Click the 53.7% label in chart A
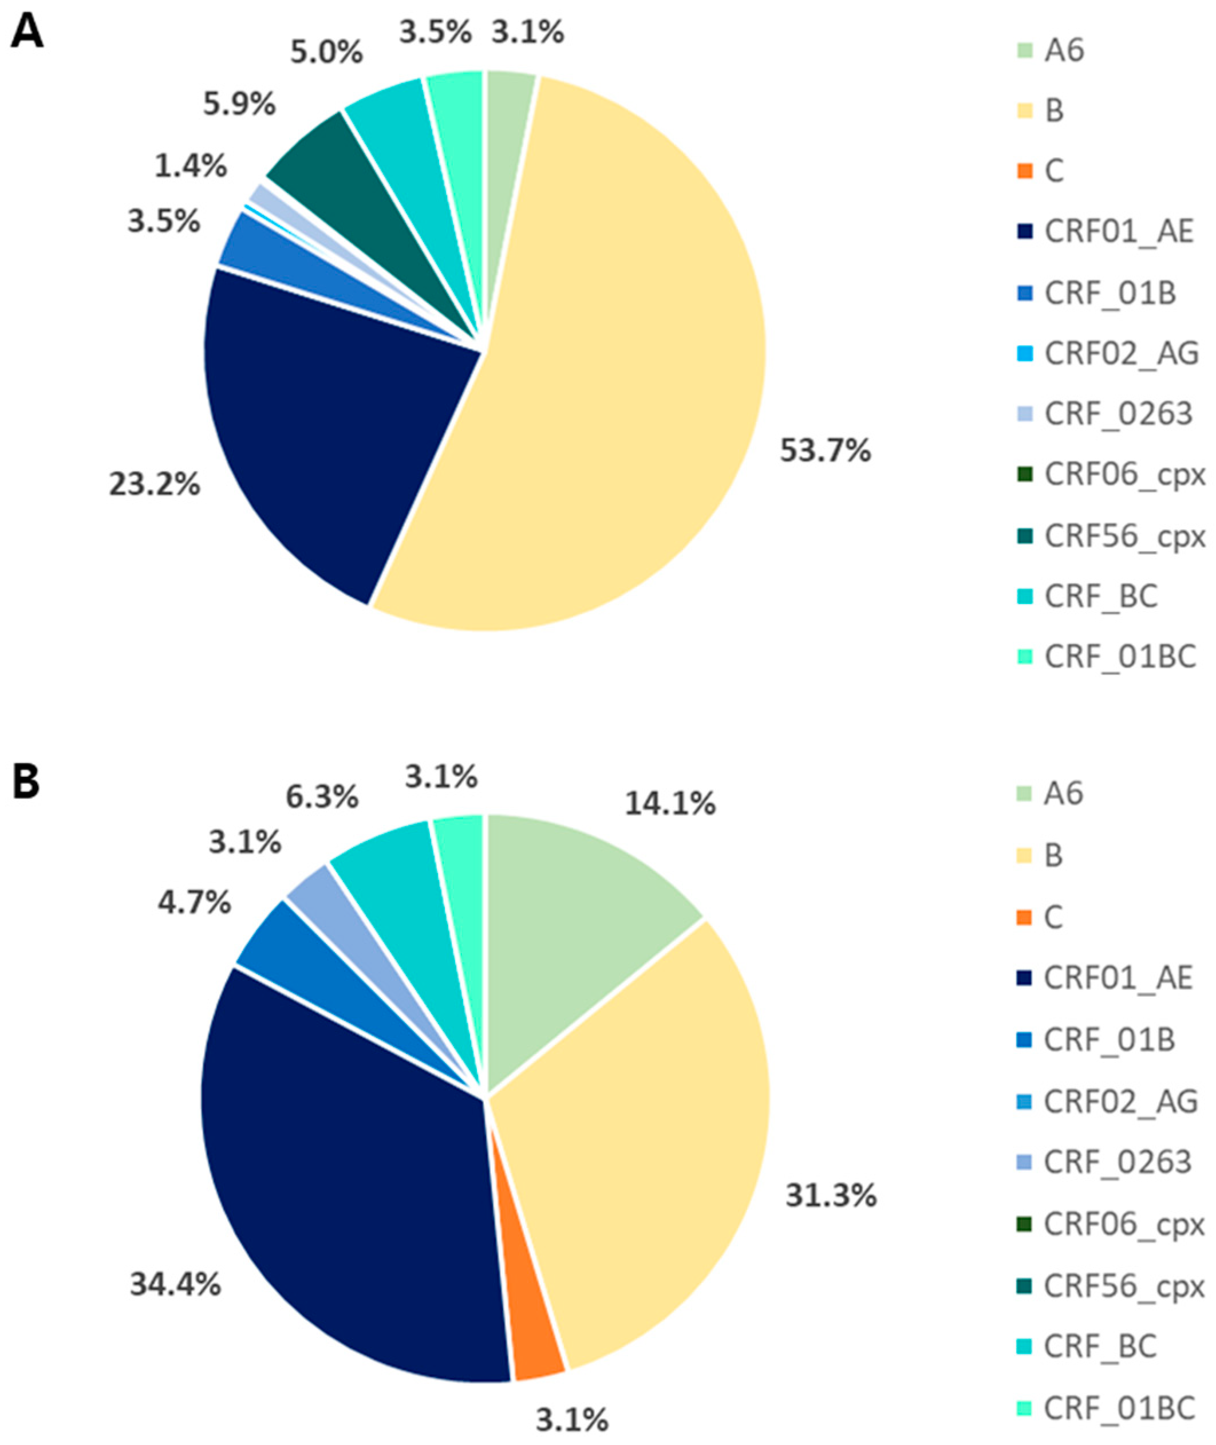click(x=825, y=452)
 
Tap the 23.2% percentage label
click(x=154, y=485)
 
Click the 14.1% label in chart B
click(x=670, y=804)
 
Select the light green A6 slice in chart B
click(x=572, y=896)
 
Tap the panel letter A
click(x=27, y=33)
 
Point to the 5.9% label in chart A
click(x=239, y=105)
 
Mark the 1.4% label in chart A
click(x=190, y=166)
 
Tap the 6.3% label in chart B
click(x=321, y=797)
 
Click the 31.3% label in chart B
click(x=831, y=1196)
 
